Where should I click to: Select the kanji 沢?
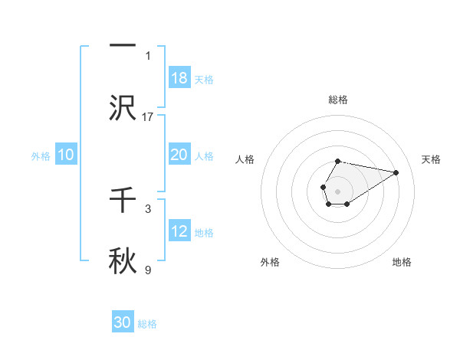tap(123, 108)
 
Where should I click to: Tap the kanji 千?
tap(123, 200)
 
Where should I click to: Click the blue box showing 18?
tap(179, 78)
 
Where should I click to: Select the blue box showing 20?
tap(179, 155)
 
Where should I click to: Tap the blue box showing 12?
tap(179, 231)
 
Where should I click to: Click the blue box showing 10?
tap(66, 155)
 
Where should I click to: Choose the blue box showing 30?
tap(123, 322)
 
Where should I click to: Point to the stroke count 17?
tap(148, 116)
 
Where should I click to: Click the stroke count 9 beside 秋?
tap(148, 270)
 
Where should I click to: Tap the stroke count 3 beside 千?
tap(148, 208)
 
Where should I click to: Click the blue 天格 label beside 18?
tap(203, 79)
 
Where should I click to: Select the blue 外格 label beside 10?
tap(41, 155)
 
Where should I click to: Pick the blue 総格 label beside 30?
tap(147, 323)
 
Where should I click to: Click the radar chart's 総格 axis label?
tap(338, 100)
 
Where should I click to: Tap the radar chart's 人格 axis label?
tap(245, 159)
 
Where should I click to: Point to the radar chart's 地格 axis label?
tap(402, 262)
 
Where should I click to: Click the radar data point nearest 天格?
tap(396, 172)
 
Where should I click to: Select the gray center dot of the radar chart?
tap(337, 191)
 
